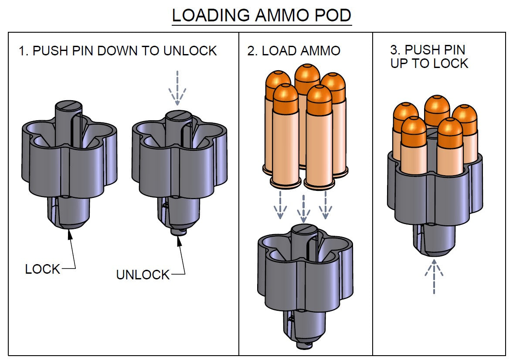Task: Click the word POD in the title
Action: (333, 16)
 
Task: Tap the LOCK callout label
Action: (42, 269)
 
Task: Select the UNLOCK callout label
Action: (143, 275)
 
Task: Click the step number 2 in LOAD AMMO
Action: (251, 51)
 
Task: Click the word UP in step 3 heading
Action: (397, 64)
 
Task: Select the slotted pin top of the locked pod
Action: (68, 105)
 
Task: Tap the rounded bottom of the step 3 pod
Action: (434, 251)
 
